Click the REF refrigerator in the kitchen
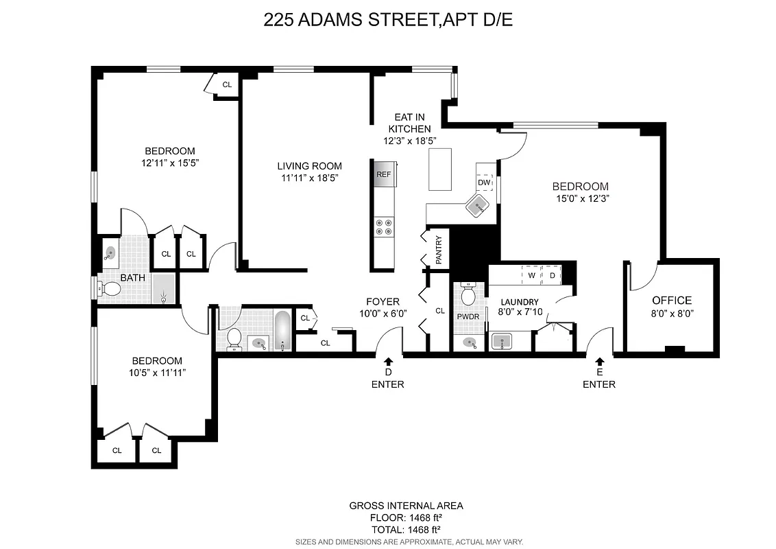[383, 174]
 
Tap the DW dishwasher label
[484, 183]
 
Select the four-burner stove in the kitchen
[383, 226]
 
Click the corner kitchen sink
[477, 204]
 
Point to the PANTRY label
[439, 250]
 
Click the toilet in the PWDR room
[469, 295]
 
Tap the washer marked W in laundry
[531, 275]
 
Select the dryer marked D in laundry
[552, 275]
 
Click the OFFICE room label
[671, 301]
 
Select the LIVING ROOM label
[309, 166]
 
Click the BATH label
[132, 278]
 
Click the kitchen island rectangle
[441, 169]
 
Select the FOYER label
[383, 301]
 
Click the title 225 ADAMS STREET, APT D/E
[388, 20]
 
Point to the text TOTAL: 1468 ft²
[404, 529]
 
